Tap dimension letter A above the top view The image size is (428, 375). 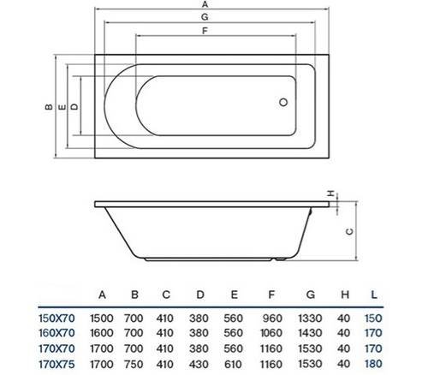(x=204, y=5)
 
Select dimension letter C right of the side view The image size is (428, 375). (x=348, y=231)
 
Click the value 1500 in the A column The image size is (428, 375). (x=104, y=317)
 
